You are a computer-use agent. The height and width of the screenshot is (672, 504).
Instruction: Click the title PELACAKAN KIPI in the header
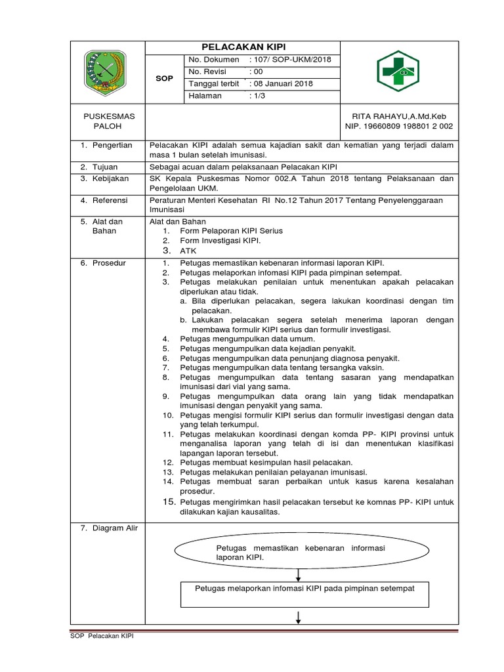click(241, 48)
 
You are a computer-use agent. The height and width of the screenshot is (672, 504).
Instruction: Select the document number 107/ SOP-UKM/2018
click(291, 60)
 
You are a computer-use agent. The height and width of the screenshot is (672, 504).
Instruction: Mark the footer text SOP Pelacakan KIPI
click(102, 636)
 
